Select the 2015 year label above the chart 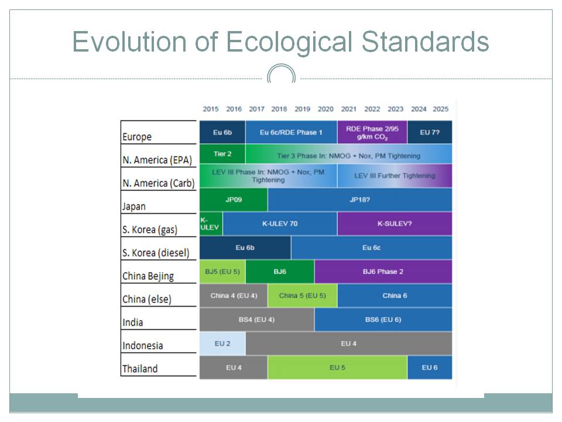click(x=211, y=109)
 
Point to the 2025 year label click(x=441, y=109)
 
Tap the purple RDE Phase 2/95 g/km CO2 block click(x=372, y=132)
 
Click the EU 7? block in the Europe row click(x=430, y=132)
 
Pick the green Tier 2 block click(x=222, y=154)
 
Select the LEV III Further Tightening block click(x=395, y=176)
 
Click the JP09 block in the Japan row click(x=234, y=199)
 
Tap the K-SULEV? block click(x=395, y=224)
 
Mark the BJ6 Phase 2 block click(x=383, y=271)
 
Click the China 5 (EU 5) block click(x=302, y=295)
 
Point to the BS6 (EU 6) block click(x=383, y=319)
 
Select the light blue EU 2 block click(x=222, y=343)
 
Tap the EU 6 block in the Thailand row click(x=430, y=367)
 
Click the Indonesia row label click(x=142, y=346)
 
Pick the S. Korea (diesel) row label click(x=156, y=253)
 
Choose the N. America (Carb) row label click(x=158, y=183)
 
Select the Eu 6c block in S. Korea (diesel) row click(x=371, y=248)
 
